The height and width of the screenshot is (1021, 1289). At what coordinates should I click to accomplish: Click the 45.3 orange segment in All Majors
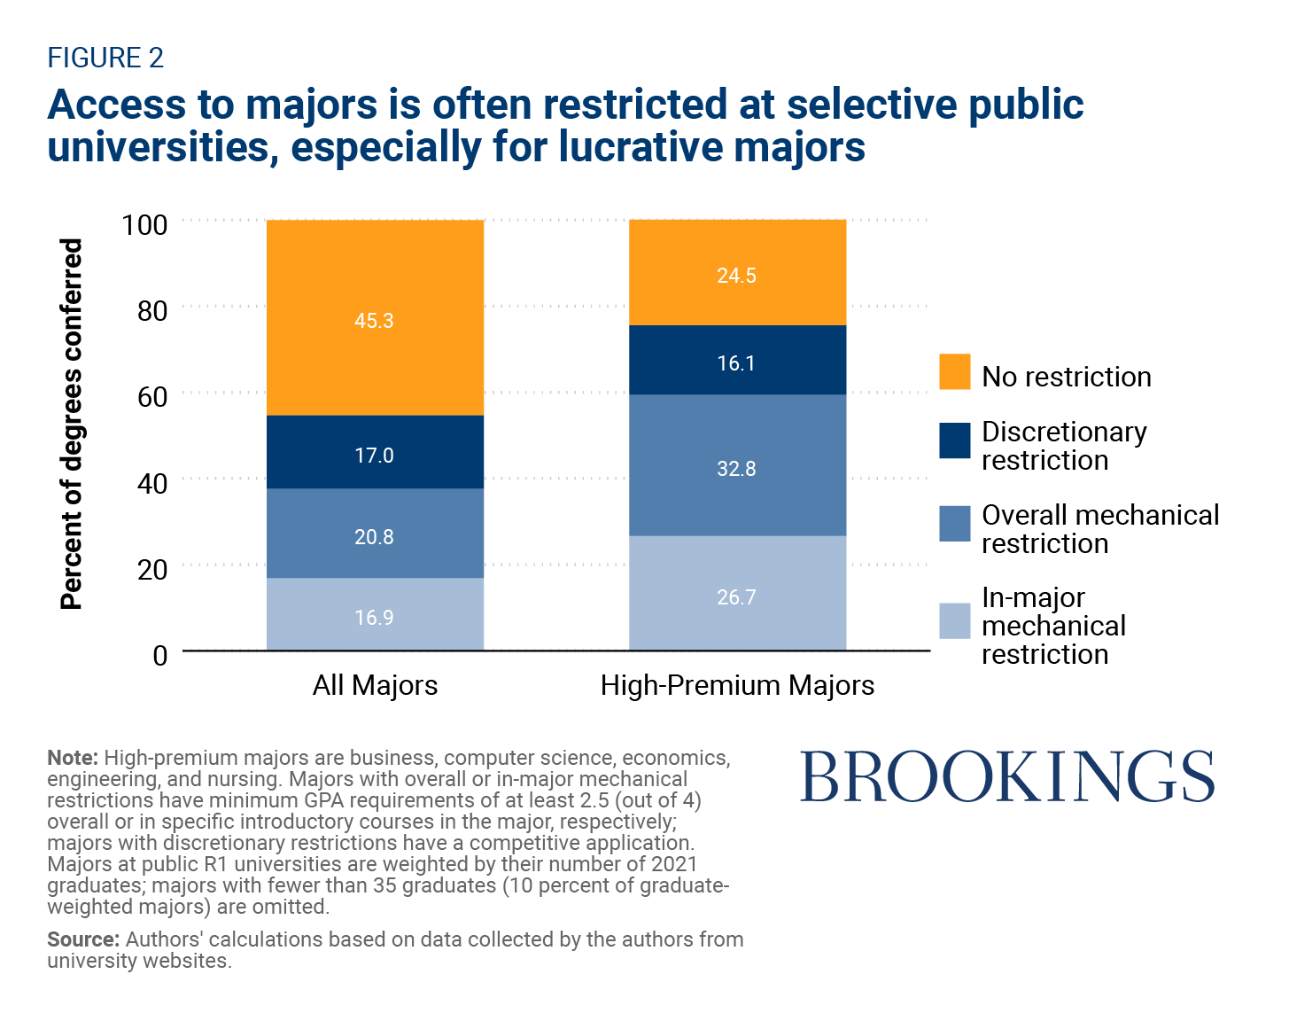click(x=375, y=317)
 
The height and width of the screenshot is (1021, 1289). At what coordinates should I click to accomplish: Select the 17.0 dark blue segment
click(x=375, y=452)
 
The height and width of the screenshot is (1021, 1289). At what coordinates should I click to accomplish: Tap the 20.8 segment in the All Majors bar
click(x=375, y=534)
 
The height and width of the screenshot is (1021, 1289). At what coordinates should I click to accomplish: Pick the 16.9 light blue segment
click(x=375, y=614)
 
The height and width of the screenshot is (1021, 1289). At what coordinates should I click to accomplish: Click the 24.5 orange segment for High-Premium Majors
click(x=737, y=273)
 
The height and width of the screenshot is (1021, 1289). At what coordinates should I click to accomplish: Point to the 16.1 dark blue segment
click(x=737, y=361)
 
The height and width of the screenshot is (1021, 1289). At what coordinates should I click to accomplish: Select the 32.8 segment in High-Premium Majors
click(x=737, y=465)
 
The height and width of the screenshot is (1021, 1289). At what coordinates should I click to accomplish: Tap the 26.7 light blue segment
click(x=737, y=594)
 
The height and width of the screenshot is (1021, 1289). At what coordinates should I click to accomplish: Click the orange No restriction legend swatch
click(x=955, y=371)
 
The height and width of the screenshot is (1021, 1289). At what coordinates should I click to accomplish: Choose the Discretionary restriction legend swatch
click(x=955, y=440)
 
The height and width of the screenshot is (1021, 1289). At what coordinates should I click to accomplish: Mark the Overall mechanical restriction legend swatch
click(x=955, y=524)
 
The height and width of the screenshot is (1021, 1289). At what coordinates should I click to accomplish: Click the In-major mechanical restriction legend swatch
click(x=955, y=621)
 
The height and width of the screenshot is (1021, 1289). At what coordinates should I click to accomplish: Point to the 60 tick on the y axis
click(x=152, y=396)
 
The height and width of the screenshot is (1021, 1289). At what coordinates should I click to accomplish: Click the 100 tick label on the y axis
click(x=144, y=224)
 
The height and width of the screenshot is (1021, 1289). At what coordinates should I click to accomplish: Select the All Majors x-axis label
click(x=375, y=685)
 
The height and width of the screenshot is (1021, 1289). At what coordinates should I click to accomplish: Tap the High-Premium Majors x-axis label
click(x=737, y=685)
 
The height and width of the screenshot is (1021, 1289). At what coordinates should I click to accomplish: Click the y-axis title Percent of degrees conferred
click(x=71, y=424)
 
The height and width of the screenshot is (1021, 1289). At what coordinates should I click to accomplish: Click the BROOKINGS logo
click(x=1007, y=777)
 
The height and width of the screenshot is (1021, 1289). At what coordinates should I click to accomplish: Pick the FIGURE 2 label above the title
click(x=105, y=58)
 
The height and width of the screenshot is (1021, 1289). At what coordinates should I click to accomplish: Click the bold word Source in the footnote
click(x=82, y=939)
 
